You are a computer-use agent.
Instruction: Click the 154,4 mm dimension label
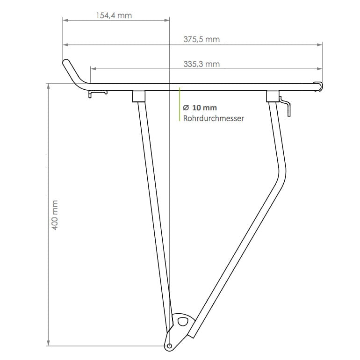pyautogui.click(x=114, y=15)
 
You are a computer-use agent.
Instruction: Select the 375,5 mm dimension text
pyautogui.click(x=202, y=40)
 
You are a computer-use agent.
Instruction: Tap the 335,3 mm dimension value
pyautogui.click(x=202, y=64)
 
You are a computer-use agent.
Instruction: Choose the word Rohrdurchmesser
pyautogui.click(x=213, y=119)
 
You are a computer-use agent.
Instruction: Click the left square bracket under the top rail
pyautogui.click(x=139, y=96)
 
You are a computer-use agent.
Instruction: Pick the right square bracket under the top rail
pyautogui.click(x=272, y=96)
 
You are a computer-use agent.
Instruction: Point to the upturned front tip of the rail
pyautogui.click(x=66, y=62)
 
